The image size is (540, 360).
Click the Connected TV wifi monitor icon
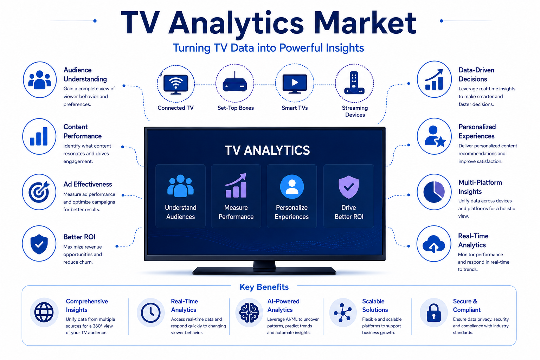click(x=176, y=84)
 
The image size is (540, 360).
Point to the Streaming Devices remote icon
click(x=354, y=83)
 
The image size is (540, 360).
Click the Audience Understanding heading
click(x=85, y=75)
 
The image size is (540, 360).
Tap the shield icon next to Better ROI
click(x=39, y=244)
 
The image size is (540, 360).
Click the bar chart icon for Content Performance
click(x=39, y=136)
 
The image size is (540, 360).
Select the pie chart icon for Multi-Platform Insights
click(x=434, y=192)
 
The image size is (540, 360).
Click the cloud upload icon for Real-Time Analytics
click(x=434, y=244)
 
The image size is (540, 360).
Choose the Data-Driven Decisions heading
click(x=476, y=75)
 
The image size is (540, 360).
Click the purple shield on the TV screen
click(x=349, y=187)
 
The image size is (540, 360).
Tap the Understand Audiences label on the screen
click(x=181, y=212)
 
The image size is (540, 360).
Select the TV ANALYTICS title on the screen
click(x=267, y=150)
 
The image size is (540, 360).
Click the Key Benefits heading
click(x=264, y=287)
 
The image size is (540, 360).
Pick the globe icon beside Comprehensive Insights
click(x=44, y=312)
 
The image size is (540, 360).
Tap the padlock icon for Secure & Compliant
click(x=434, y=313)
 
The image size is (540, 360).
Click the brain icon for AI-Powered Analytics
click(x=249, y=313)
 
